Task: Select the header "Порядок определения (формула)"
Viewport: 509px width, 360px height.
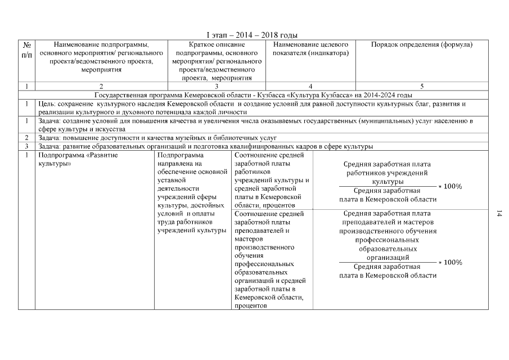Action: (x=422, y=44)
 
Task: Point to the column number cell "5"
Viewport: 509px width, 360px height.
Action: (x=422, y=86)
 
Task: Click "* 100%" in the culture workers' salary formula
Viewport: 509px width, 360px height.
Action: (x=450, y=186)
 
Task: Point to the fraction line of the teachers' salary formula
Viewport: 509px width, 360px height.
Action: (x=388, y=262)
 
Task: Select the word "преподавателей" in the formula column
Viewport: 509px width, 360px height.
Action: (x=367, y=222)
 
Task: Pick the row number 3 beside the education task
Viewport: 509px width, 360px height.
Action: (x=26, y=146)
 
